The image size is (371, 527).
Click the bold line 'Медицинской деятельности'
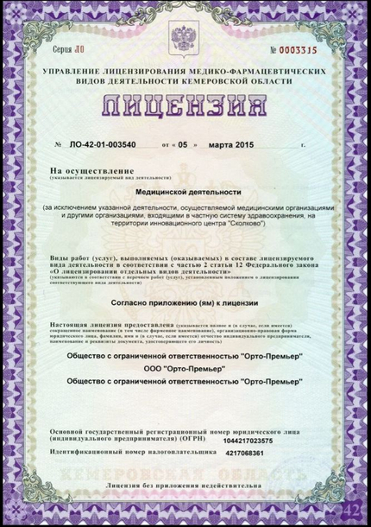pyautogui.click(x=185, y=194)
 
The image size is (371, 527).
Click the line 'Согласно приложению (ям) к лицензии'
pyautogui.click(x=185, y=303)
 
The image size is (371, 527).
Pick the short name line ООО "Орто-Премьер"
pyautogui.click(x=185, y=368)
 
